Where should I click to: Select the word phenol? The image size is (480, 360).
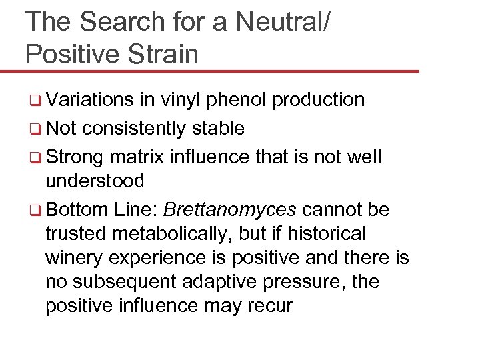click(x=236, y=100)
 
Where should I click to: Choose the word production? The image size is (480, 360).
click(x=319, y=100)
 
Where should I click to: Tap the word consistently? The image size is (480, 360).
click(x=137, y=128)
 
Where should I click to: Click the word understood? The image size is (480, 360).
click(x=95, y=181)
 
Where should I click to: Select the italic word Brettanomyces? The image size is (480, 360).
click(x=230, y=211)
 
